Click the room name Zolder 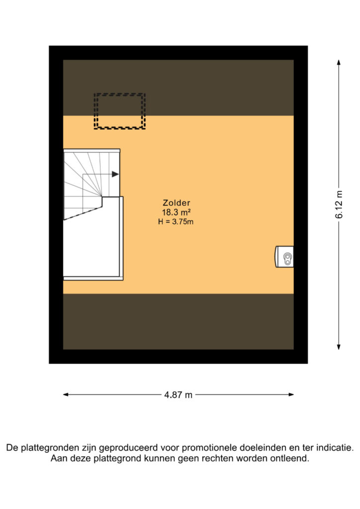[176, 203]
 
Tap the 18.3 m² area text [176, 212]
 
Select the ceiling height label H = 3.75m [176, 222]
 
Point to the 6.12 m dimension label [339, 204]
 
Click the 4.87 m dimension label [178, 395]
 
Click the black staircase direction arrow [115, 174]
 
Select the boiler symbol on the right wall [284, 257]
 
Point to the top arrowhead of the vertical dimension [339, 62]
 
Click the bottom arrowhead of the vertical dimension [339, 347]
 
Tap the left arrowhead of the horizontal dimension [66, 395]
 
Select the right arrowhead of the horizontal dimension [291, 395]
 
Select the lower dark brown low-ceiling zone [178, 322]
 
